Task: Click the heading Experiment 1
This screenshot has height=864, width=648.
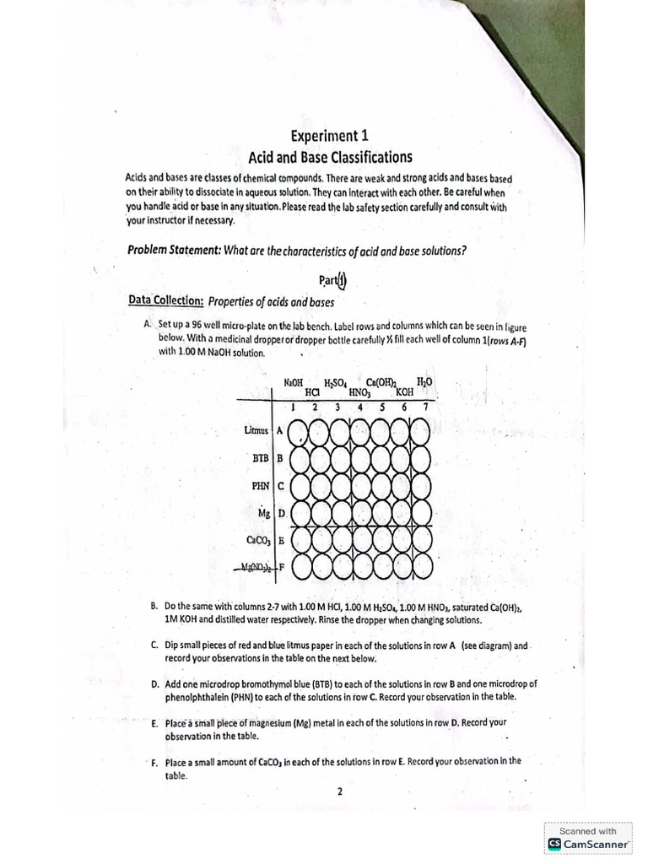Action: pyautogui.click(x=329, y=136)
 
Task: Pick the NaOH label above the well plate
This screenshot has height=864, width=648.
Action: pyautogui.click(x=294, y=382)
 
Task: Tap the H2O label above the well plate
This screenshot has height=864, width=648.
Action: pyautogui.click(x=424, y=382)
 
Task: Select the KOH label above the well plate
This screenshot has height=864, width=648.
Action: pyautogui.click(x=404, y=392)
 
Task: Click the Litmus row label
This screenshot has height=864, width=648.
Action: pyautogui.click(x=256, y=430)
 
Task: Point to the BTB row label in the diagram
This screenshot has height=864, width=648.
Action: pyautogui.click(x=260, y=458)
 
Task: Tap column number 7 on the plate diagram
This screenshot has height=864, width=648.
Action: pyautogui.click(x=426, y=407)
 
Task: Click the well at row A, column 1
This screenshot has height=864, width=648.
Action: pyautogui.click(x=299, y=432)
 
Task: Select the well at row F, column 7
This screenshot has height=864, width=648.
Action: pyautogui.click(x=421, y=567)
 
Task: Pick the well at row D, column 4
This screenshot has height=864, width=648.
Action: pyautogui.click(x=360, y=513)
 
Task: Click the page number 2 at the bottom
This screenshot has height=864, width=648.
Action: pyautogui.click(x=338, y=791)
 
